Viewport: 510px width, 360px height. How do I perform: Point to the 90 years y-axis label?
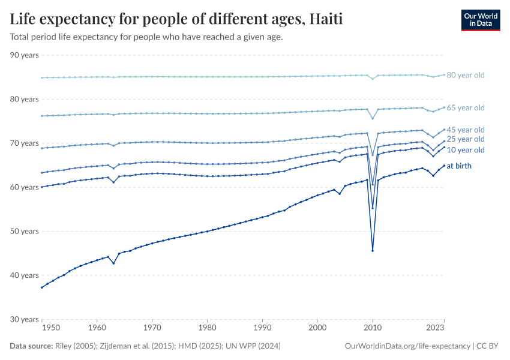pos(25,55)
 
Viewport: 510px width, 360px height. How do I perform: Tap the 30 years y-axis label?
pos(25,319)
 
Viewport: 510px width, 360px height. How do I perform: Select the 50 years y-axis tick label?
pos(25,231)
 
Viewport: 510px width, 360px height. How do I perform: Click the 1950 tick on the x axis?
pos(51,329)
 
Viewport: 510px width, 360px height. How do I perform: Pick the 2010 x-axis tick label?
pos(373,329)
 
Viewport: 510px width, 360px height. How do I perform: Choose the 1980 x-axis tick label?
pos(207,329)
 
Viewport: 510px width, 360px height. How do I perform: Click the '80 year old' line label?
pos(466,75)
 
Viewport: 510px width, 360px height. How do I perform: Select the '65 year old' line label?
pos(466,108)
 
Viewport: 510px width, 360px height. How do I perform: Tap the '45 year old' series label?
pos(466,130)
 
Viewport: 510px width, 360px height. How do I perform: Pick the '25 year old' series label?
pos(466,139)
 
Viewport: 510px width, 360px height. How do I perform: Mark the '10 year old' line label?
pos(466,150)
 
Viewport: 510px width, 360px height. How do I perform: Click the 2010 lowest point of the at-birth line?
pos(373,251)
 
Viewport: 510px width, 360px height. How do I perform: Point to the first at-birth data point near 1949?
pos(41,287)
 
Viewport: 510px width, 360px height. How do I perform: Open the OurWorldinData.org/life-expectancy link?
pos(408,346)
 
